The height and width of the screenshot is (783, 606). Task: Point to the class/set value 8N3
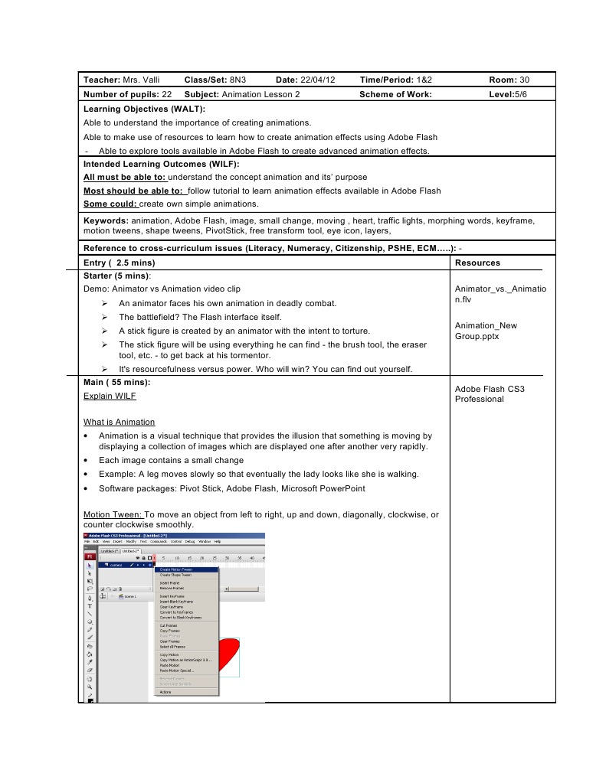click(x=240, y=80)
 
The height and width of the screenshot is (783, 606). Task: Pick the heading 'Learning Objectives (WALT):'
click(x=144, y=109)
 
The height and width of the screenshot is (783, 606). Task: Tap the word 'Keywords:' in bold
click(x=106, y=220)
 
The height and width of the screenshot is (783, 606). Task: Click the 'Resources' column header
click(x=477, y=263)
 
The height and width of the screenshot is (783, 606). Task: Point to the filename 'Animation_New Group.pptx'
click(x=486, y=331)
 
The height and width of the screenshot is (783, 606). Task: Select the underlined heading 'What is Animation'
click(x=119, y=422)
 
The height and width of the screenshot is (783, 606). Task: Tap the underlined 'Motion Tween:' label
click(x=113, y=514)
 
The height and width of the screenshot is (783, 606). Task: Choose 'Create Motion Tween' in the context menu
click(x=175, y=569)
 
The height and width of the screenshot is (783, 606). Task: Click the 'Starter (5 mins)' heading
click(x=116, y=276)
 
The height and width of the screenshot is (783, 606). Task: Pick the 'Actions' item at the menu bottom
click(x=165, y=691)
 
